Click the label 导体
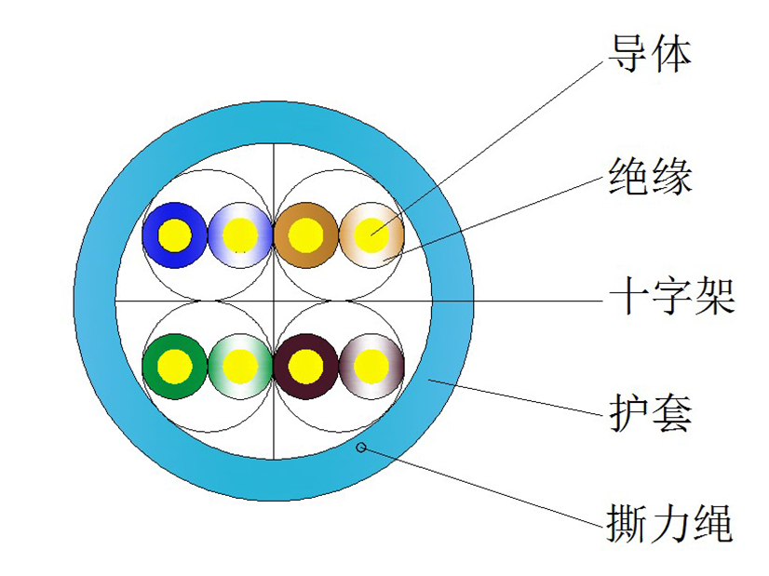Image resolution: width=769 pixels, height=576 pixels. click(x=650, y=54)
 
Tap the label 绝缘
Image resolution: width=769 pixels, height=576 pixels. click(x=650, y=177)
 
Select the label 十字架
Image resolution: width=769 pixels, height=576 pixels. click(x=671, y=296)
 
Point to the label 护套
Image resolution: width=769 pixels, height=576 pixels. click(x=650, y=413)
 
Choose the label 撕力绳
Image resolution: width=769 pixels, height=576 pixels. click(x=670, y=523)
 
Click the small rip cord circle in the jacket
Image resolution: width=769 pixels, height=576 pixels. click(x=361, y=447)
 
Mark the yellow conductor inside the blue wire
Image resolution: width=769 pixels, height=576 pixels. click(x=175, y=235)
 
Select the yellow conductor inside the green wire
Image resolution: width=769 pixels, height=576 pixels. click(x=175, y=367)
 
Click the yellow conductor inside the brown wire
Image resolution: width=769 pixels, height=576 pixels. click(x=305, y=235)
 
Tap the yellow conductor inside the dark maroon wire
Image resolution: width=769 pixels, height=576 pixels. click(x=305, y=367)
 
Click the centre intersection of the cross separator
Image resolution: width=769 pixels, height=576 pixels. click(x=273, y=301)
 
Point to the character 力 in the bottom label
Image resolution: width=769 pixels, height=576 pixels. click(x=670, y=523)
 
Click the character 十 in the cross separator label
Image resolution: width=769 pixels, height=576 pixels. click(x=627, y=296)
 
